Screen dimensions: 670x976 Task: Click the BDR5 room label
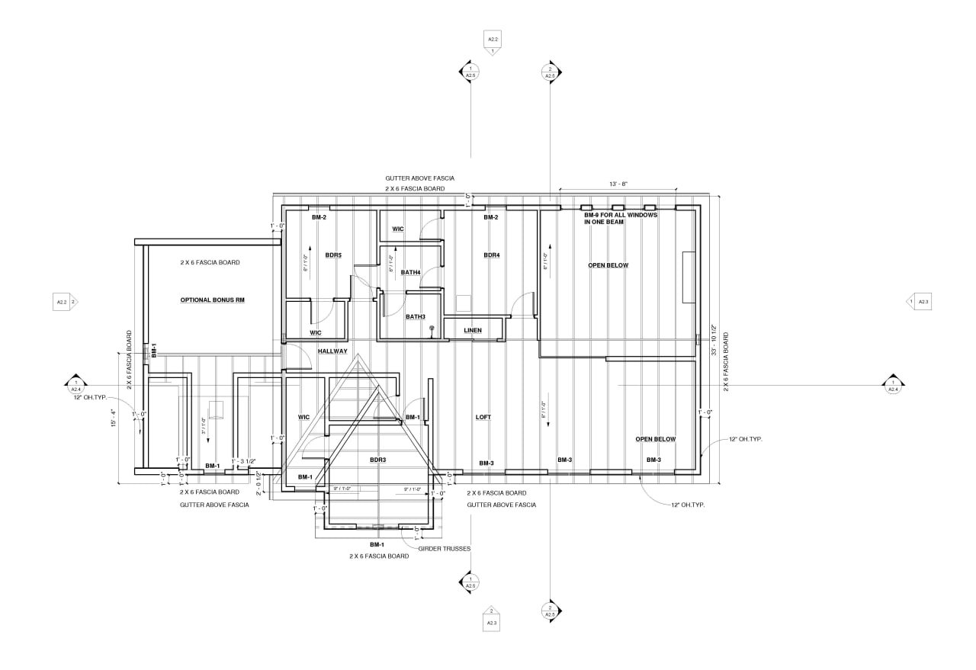[x=333, y=255]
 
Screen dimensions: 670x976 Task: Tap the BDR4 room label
[x=491, y=255]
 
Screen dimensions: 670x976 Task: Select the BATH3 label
[x=415, y=316]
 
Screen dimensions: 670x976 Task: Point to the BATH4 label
[x=411, y=272]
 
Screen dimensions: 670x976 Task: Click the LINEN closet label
[x=473, y=330]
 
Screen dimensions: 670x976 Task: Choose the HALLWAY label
[x=332, y=351]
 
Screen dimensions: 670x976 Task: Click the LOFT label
[x=483, y=417]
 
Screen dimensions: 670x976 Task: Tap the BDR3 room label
[x=378, y=460]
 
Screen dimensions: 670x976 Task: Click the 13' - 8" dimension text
[x=618, y=184]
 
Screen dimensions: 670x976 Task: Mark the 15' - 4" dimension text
[x=113, y=418]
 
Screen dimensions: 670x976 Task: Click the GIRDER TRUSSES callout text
[x=449, y=548]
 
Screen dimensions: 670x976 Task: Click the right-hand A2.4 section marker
[x=893, y=386]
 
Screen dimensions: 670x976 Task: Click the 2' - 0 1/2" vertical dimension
[x=258, y=486]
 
